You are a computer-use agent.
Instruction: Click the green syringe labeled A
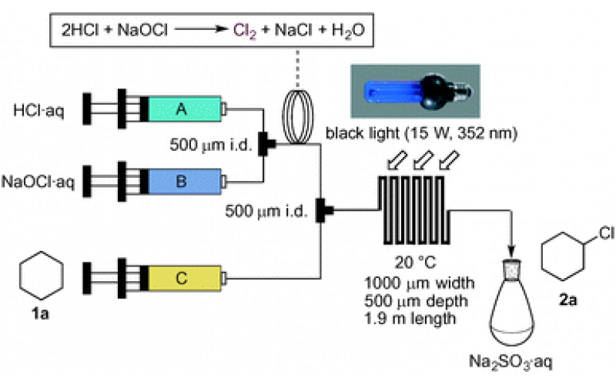pyautogui.click(x=182, y=110)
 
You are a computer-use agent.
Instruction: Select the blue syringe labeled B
pyautogui.click(x=182, y=182)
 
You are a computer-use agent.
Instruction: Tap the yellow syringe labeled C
pyautogui.click(x=182, y=277)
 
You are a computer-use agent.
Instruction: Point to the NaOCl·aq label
pyautogui.click(x=38, y=182)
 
